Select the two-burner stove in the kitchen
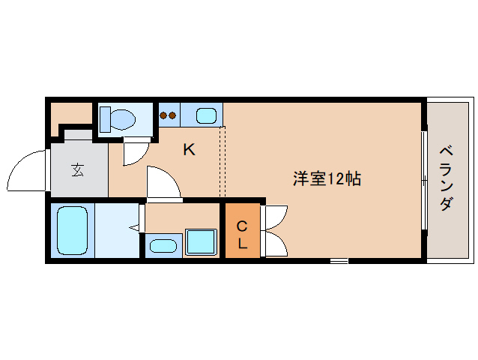pyautogui.click(x=169, y=115)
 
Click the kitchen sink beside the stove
pyautogui.click(x=205, y=115)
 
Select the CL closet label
pyautogui.click(x=242, y=234)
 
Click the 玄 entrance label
pyautogui.click(x=78, y=169)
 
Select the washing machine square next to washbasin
pyautogui.click(x=201, y=242)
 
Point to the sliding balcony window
pyautogui.click(x=424, y=181)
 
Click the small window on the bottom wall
pyautogui.click(x=339, y=261)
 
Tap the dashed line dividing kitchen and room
pyautogui.click(x=222, y=162)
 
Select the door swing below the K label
pyautogui.click(x=163, y=184)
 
